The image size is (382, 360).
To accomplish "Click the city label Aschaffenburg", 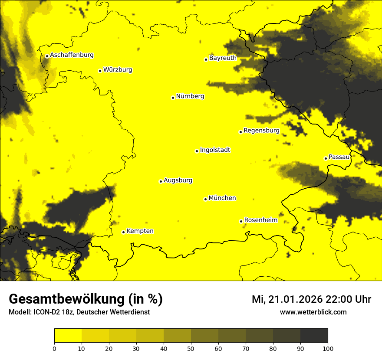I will click(72, 55).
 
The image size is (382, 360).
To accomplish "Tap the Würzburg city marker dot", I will click(100, 71).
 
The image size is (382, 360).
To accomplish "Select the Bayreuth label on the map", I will click(223, 58).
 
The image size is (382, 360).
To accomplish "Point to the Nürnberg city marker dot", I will click(173, 98).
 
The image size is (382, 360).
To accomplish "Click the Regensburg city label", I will click(261, 130).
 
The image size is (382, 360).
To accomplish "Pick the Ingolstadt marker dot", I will click(197, 151).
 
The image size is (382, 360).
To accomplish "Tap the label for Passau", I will click(339, 157).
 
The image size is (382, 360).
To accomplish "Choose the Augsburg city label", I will click(178, 180).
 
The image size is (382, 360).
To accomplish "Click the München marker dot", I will click(205, 199).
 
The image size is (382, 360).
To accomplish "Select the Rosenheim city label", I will click(260, 220).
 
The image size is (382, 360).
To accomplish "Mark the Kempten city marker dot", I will click(123, 232).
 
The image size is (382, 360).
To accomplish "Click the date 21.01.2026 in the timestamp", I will click(295, 299).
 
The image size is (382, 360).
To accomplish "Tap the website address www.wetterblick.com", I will click(313, 312).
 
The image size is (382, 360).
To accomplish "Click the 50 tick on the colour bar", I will click(191, 348).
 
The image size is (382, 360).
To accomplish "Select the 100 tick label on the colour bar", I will click(328, 348).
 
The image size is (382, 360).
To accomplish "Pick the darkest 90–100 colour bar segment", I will click(314, 335).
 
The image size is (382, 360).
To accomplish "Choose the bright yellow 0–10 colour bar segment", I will click(68, 335).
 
